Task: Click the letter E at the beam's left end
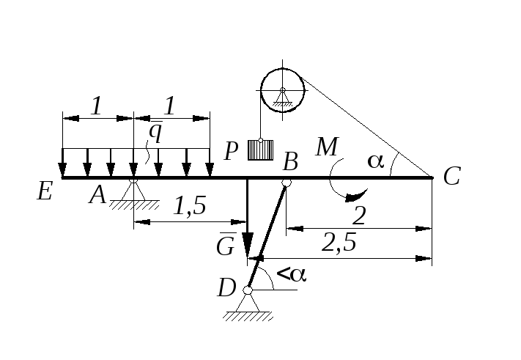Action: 45,191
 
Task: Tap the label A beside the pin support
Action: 97,195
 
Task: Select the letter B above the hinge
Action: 290,162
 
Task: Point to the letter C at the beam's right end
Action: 452,176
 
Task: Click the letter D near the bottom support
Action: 226,287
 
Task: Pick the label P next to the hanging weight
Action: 232,151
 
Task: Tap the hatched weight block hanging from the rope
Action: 261,150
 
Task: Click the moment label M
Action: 328,147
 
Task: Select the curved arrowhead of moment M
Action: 356,196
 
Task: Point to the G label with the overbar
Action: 226,245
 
